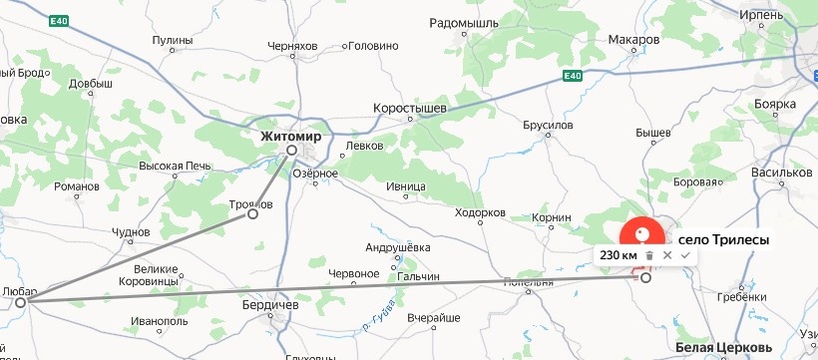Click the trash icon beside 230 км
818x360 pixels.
[649, 255]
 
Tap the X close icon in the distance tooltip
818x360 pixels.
[667, 255]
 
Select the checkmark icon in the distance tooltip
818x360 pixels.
[685, 255]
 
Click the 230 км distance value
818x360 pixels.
[618, 255]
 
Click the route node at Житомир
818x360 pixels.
[291, 151]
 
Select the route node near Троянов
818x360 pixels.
[252, 213]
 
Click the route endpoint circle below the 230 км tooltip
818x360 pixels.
[645, 278]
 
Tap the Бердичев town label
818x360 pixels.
[270, 304]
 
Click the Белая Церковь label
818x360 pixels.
[723, 347]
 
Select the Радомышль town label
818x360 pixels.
[465, 22]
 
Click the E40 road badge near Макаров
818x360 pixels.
[571, 76]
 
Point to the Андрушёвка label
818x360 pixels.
[398, 247]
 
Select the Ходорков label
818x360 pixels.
[479, 213]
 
